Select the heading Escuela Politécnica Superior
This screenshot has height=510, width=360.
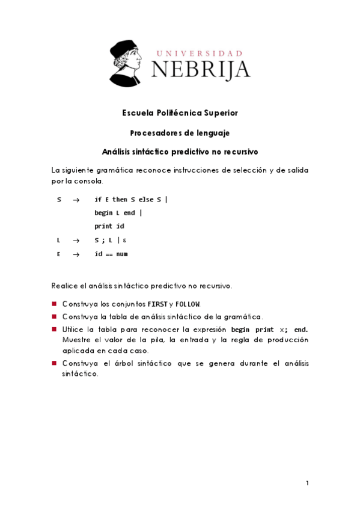[x=180, y=112]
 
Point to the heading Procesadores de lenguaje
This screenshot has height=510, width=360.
[x=180, y=132]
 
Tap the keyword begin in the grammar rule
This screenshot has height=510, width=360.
[x=103, y=213]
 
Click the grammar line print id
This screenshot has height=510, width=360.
[x=109, y=227]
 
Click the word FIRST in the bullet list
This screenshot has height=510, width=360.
[x=158, y=304]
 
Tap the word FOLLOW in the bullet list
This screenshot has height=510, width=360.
[x=188, y=304]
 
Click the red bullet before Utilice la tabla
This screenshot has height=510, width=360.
[x=54, y=330]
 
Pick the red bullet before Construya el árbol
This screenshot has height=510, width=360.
[x=54, y=363]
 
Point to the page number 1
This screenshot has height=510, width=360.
[x=307, y=483]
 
